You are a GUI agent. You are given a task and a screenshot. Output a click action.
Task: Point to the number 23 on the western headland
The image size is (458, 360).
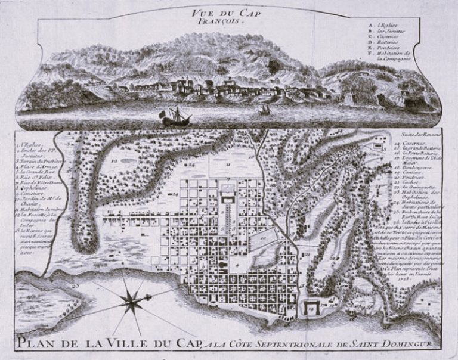pos(75,285)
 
